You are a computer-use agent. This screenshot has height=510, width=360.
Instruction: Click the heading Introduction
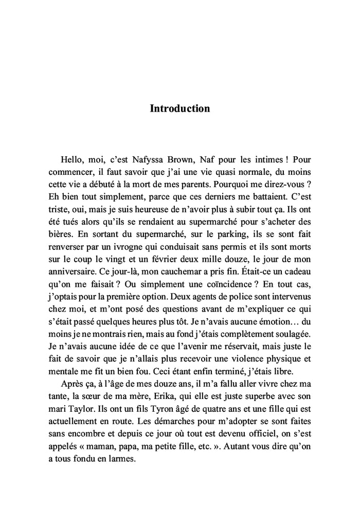click(179, 108)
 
